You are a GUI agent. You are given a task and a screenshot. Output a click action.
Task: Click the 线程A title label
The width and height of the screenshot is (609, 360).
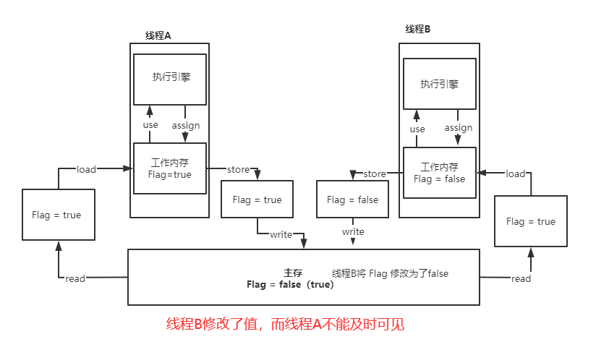click(158, 35)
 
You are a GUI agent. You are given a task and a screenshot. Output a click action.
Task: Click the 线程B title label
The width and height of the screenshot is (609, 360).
click(418, 29)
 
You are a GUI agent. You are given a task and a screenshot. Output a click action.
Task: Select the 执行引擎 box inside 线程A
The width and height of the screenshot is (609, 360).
click(171, 77)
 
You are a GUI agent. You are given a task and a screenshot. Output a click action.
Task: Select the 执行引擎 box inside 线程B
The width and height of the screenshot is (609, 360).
click(439, 83)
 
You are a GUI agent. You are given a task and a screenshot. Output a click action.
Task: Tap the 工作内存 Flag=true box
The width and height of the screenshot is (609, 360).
click(171, 168)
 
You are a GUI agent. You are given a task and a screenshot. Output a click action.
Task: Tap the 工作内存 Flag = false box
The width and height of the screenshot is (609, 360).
click(439, 173)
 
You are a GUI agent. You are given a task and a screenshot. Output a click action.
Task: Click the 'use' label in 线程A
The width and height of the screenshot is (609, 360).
click(150, 125)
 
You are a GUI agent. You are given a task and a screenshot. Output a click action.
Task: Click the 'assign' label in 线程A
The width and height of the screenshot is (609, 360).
click(186, 125)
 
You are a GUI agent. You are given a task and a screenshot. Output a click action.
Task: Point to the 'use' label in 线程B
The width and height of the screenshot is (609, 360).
click(417, 129)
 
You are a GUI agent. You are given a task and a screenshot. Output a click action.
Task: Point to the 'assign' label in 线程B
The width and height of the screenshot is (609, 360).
click(459, 128)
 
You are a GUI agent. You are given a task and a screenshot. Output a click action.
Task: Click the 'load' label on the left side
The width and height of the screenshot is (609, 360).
click(86, 169)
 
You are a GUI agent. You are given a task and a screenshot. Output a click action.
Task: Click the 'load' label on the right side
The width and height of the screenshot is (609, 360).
click(516, 173)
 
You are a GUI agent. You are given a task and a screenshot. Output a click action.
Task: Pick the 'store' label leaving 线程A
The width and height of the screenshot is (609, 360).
click(239, 170)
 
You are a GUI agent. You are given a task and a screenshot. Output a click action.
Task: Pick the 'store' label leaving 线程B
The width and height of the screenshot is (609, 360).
click(375, 173)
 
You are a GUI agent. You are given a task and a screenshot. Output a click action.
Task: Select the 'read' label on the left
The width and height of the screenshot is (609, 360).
click(75, 278)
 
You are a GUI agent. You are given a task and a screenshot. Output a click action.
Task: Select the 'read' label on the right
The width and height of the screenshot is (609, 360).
click(521, 278)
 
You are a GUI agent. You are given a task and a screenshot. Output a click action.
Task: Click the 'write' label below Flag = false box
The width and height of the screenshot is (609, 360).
click(353, 232)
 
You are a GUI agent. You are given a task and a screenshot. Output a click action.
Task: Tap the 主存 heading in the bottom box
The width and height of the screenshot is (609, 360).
click(293, 273)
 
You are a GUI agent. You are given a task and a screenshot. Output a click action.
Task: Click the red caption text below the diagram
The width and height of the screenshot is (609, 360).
click(285, 325)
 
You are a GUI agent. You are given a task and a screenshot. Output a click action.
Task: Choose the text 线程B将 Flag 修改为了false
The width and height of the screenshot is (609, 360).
click(390, 273)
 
